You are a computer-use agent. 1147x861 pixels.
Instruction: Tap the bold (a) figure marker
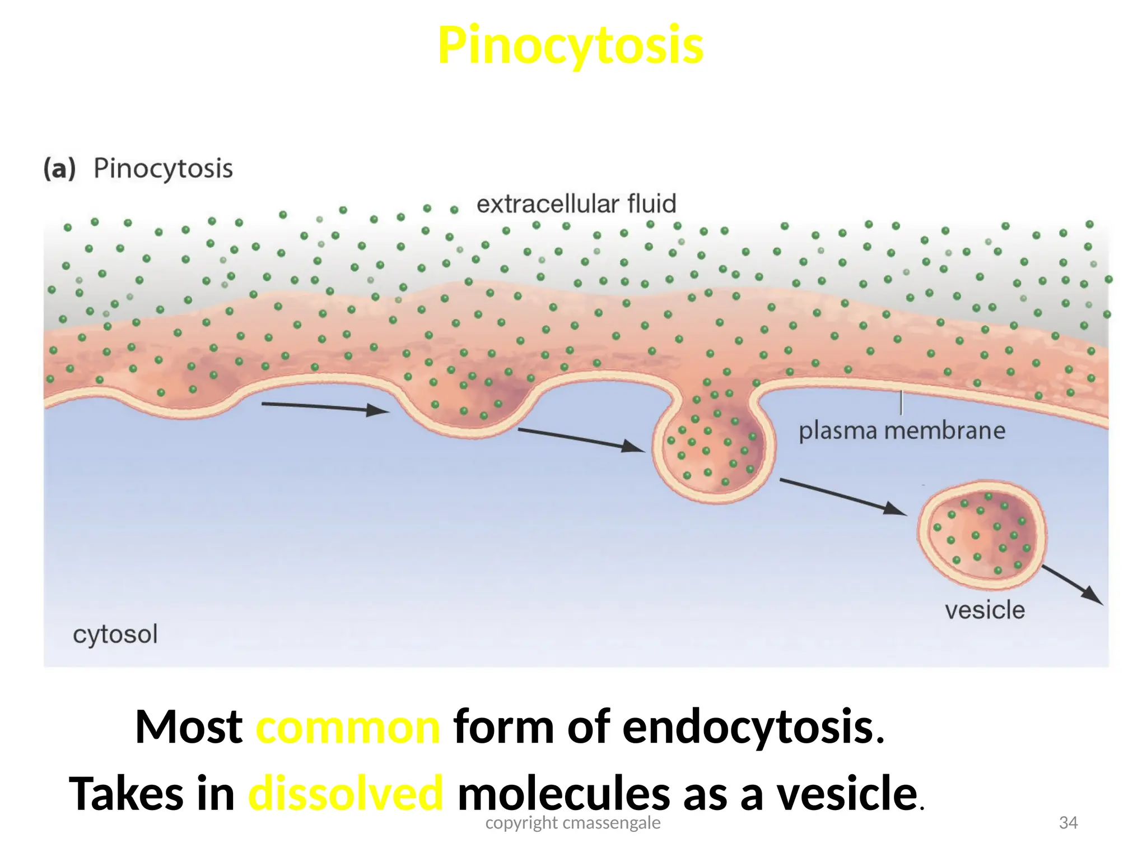(59, 169)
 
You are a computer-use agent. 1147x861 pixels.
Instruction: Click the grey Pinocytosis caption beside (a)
(163, 168)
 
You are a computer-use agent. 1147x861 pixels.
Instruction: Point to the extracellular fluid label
(576, 203)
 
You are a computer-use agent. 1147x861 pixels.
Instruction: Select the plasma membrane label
(902, 431)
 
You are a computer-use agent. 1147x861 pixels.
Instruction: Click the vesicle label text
(985, 610)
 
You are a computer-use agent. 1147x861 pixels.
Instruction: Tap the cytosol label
(115, 635)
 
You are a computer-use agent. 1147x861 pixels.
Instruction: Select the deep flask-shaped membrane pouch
(714, 448)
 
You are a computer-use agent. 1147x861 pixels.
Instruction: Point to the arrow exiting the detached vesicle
(1073, 585)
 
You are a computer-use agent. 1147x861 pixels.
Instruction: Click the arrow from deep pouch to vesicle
(843, 497)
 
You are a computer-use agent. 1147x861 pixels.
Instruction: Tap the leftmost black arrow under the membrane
(325, 408)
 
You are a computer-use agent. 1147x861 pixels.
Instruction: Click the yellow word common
(348, 727)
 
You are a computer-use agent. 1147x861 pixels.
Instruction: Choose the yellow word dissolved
(346, 794)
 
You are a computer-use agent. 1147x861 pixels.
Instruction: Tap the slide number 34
(1068, 822)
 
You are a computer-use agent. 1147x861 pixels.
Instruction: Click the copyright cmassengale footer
(572, 823)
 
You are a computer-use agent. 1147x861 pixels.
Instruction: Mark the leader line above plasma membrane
(901, 402)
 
